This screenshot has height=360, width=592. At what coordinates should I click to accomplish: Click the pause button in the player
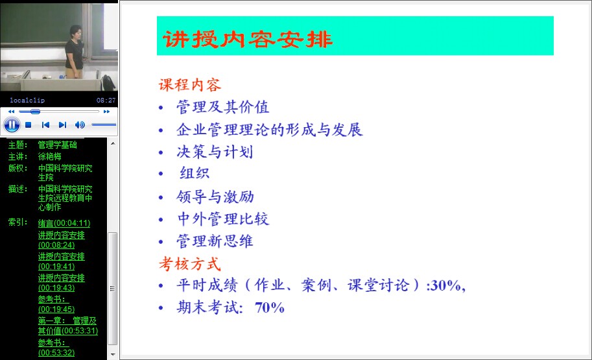pyautogui.click(x=12, y=125)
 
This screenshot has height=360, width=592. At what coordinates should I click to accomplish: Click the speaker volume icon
pyautogui.click(x=80, y=125)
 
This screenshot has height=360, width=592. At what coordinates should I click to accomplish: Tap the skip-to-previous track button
pyautogui.click(x=45, y=125)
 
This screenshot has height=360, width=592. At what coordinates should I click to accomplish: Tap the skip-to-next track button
pyautogui.click(x=63, y=125)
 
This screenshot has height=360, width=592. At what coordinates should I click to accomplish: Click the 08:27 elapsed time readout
pyautogui.click(x=106, y=100)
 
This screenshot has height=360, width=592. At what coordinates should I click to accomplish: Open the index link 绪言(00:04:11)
pyautogui.click(x=64, y=223)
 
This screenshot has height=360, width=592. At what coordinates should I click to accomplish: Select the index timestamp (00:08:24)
pyautogui.click(x=56, y=245)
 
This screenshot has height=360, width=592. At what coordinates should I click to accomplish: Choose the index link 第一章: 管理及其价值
pyautogui.click(x=67, y=326)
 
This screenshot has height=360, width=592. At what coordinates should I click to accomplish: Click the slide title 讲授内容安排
pyautogui.click(x=248, y=39)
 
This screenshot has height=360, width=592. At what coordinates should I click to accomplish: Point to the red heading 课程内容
pyautogui.click(x=189, y=85)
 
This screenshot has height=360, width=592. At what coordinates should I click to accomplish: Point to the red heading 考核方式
pyautogui.click(x=189, y=263)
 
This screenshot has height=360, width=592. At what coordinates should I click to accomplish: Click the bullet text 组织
pyautogui.click(x=195, y=173)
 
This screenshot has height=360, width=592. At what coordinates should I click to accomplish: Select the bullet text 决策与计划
pyautogui.click(x=215, y=152)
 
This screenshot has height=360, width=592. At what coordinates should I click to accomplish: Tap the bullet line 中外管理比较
pyautogui.click(x=223, y=219)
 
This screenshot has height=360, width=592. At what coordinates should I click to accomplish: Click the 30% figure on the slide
pyautogui.click(x=445, y=285)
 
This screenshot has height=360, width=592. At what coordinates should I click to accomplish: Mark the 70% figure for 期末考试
pyautogui.click(x=270, y=307)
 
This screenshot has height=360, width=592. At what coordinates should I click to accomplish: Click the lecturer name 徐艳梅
pyautogui.click(x=49, y=156)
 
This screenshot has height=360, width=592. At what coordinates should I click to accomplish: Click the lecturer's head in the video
pyautogui.click(x=76, y=32)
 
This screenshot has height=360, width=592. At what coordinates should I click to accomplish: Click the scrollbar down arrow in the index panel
pyautogui.click(x=113, y=355)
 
